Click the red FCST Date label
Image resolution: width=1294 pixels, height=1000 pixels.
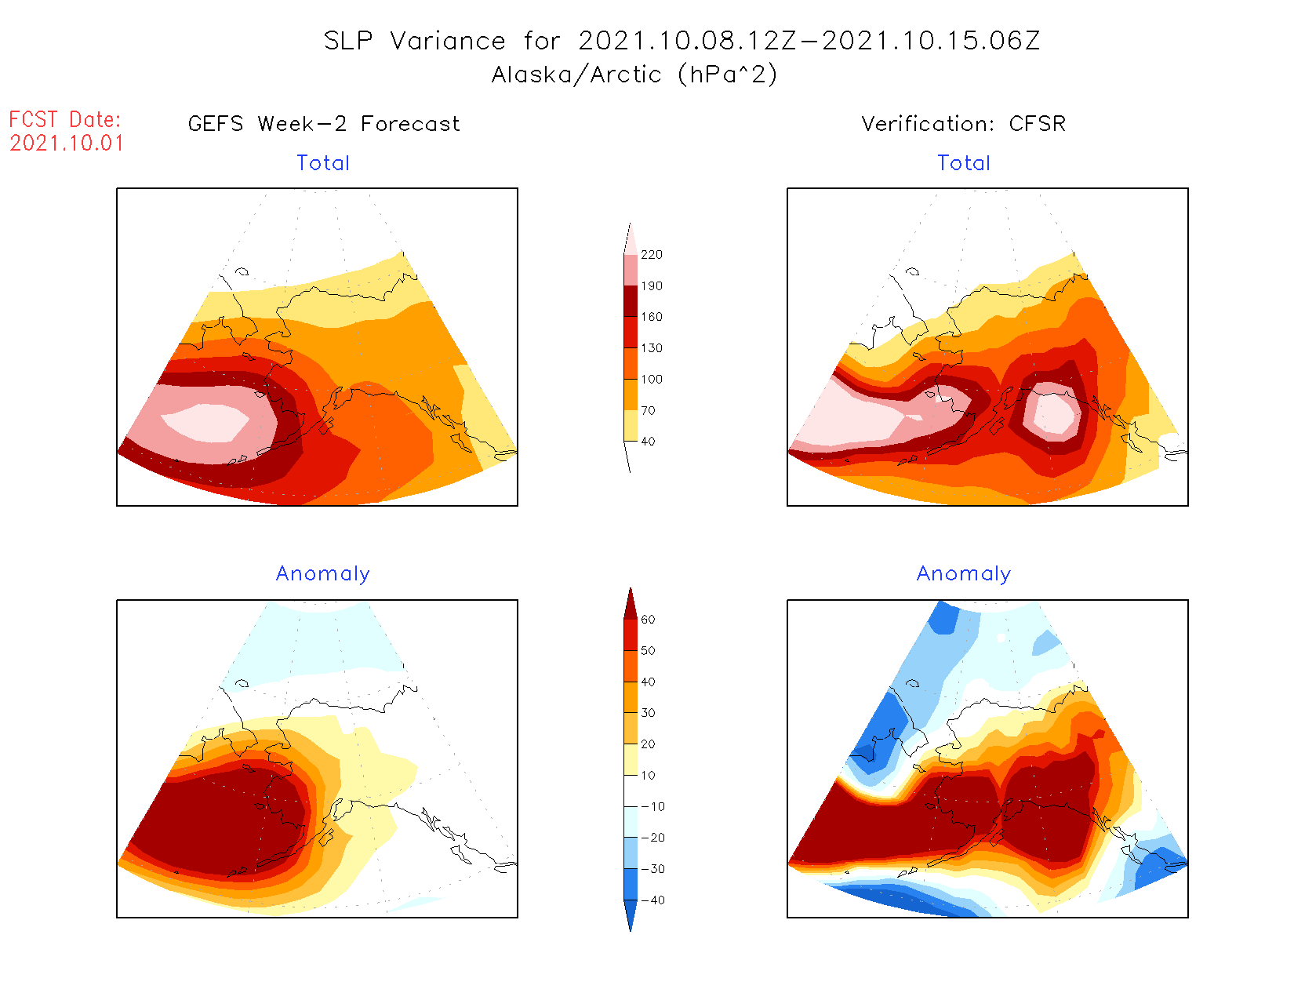65,120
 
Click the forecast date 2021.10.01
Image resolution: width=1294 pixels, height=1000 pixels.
67,144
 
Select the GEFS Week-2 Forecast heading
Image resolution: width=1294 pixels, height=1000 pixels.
324,124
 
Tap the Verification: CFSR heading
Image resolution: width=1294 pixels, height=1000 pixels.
963,124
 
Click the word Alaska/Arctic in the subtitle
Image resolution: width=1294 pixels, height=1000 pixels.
576,75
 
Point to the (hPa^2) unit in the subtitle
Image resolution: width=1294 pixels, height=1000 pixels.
728,75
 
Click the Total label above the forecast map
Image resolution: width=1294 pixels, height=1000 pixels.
323,163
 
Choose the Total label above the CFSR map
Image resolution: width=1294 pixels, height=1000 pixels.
964,163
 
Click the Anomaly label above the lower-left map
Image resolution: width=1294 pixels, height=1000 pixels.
323,574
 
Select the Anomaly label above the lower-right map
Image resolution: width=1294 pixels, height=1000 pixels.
964,574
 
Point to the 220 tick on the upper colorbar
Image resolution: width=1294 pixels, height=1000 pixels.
651,255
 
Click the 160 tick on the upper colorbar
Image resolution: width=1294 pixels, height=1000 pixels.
651,317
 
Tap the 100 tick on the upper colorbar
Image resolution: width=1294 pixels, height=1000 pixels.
651,380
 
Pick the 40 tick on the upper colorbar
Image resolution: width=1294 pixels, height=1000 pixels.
648,442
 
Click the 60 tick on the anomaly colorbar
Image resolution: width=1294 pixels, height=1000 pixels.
648,620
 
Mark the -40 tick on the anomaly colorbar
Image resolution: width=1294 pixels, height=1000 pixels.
652,900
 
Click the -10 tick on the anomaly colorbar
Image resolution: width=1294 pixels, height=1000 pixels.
652,806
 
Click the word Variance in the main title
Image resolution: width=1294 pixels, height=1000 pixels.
448,41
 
